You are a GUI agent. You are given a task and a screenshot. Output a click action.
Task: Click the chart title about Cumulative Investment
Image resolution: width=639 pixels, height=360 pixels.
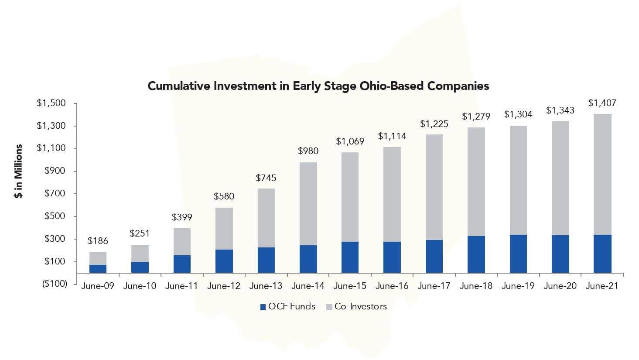click(x=318, y=86)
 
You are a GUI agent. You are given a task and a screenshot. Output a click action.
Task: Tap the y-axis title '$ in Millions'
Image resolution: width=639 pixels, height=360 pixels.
click(x=18, y=171)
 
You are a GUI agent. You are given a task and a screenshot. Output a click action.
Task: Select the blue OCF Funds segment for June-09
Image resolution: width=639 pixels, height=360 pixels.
click(x=98, y=269)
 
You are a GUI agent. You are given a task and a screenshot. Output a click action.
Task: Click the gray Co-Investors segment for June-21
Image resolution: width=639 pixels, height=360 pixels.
click(x=602, y=175)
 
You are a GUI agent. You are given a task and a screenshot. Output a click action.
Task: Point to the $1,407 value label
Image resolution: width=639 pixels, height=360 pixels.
click(x=602, y=103)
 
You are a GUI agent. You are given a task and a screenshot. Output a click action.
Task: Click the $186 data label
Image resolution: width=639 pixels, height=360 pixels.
click(x=98, y=241)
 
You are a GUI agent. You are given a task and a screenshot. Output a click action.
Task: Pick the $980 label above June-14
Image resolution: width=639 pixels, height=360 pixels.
click(x=308, y=151)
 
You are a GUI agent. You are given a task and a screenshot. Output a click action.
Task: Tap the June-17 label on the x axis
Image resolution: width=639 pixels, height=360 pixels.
click(x=434, y=286)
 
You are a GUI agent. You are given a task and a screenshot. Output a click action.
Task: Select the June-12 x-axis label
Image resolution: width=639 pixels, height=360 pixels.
click(x=224, y=286)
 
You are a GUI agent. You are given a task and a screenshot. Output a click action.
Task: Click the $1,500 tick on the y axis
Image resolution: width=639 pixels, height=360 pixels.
click(x=51, y=103)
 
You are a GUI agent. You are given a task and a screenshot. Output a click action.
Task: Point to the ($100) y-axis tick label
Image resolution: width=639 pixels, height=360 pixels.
click(x=54, y=284)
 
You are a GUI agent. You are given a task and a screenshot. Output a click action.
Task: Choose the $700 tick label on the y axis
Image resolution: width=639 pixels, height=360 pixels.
click(x=55, y=194)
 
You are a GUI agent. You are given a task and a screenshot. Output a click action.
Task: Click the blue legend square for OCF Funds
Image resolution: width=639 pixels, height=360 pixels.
click(x=263, y=307)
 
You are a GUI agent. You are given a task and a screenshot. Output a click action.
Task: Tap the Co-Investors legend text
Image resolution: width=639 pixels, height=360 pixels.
click(x=360, y=307)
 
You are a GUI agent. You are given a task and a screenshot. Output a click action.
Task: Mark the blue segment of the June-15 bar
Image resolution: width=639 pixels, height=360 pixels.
click(x=350, y=257)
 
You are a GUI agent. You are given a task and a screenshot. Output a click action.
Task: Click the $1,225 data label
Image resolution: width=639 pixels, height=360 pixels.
click(x=434, y=124)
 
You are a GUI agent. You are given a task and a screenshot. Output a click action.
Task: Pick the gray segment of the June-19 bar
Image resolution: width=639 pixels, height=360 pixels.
click(x=518, y=180)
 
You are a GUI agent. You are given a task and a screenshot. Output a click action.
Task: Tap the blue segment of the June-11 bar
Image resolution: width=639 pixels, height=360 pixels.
click(x=182, y=264)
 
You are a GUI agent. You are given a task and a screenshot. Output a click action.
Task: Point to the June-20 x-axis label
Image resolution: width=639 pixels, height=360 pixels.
click(x=560, y=286)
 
